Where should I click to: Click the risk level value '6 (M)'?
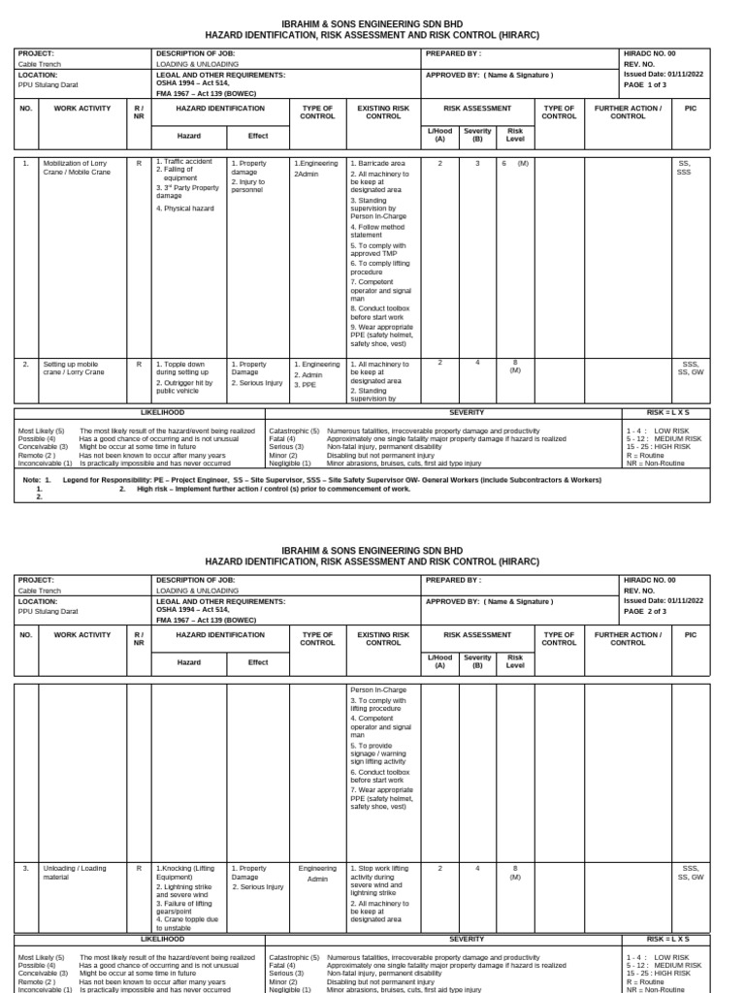(515, 164)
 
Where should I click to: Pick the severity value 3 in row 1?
(476, 164)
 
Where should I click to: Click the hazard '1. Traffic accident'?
(187, 161)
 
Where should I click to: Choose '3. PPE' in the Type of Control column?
(308, 385)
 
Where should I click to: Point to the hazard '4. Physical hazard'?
(185, 208)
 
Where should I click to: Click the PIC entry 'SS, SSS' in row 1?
(684, 168)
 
